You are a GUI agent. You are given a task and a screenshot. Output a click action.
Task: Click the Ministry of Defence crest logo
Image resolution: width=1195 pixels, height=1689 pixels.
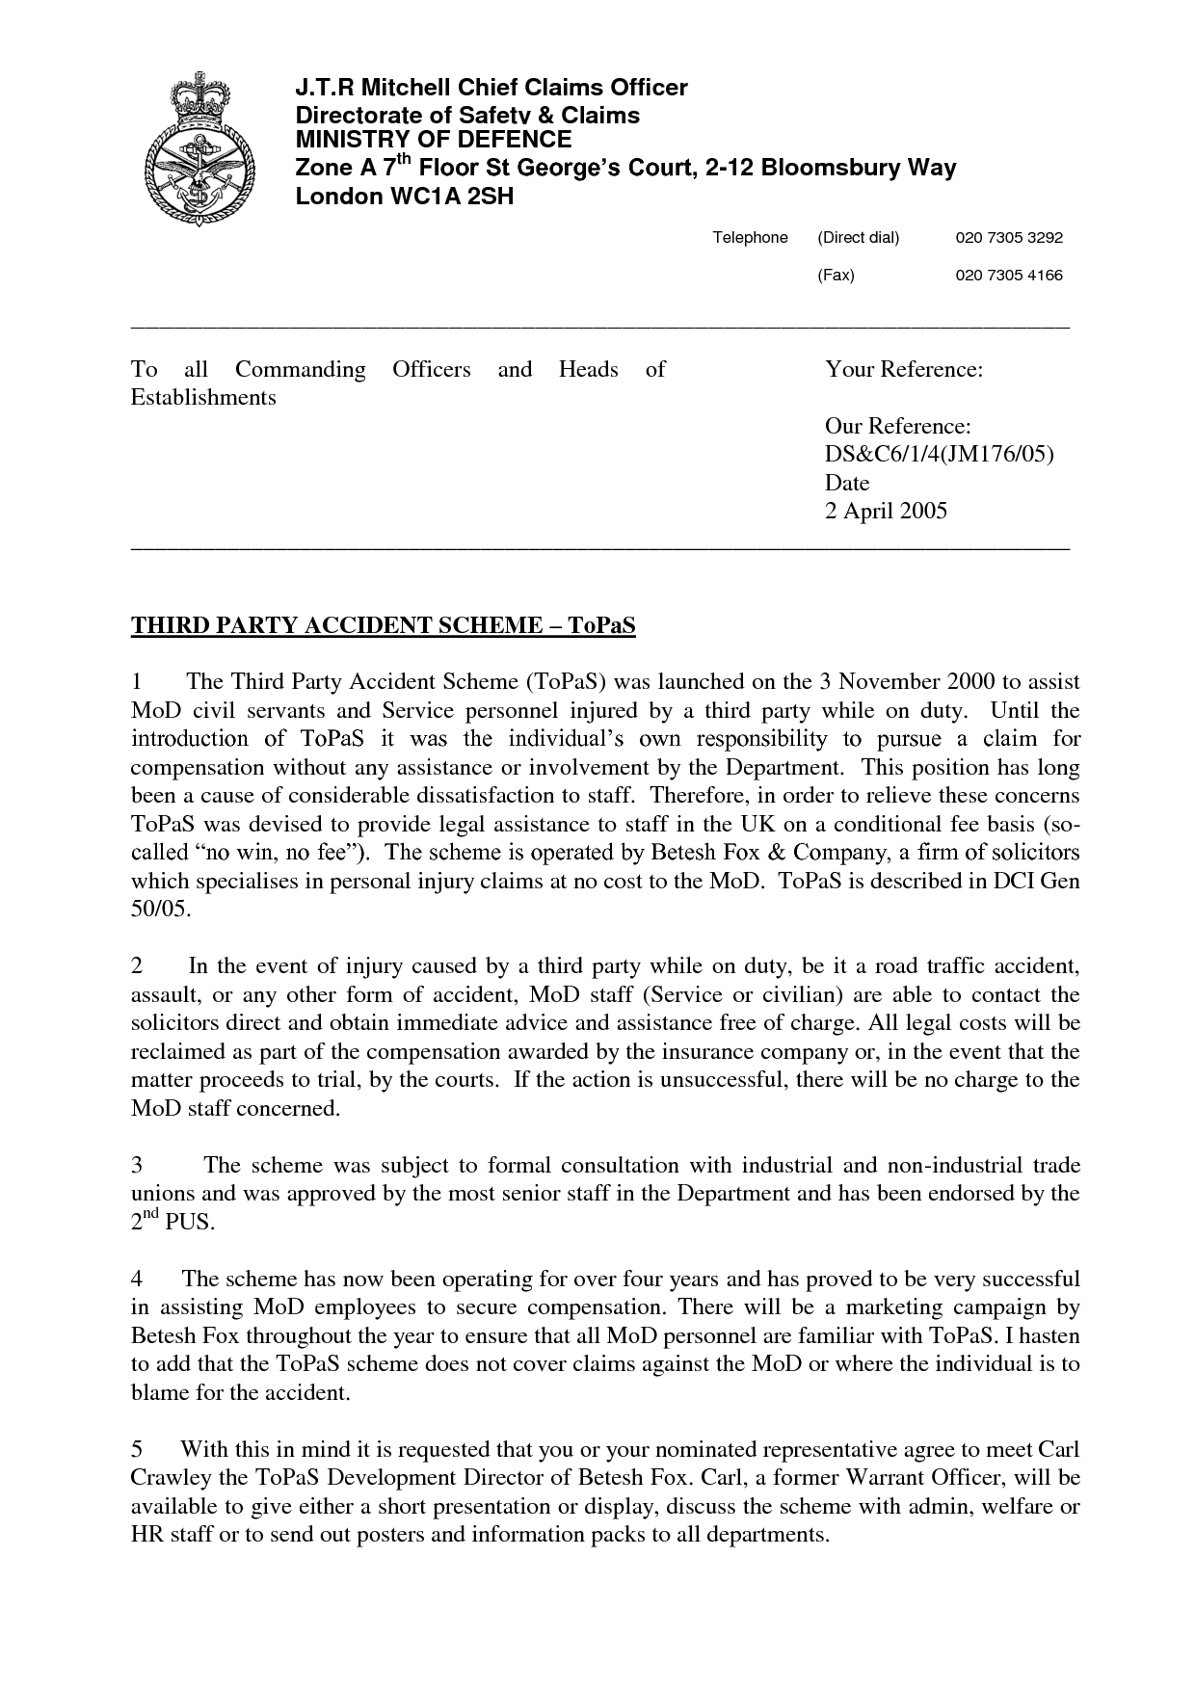pyautogui.click(x=200, y=148)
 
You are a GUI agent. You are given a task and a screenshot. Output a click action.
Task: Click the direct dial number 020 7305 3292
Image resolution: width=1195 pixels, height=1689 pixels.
pyautogui.click(x=1008, y=238)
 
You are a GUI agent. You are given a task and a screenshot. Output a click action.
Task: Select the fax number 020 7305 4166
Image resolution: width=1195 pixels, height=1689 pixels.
pyautogui.click(x=1008, y=276)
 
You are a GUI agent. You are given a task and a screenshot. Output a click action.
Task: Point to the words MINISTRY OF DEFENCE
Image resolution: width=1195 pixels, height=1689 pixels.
pyautogui.click(x=433, y=141)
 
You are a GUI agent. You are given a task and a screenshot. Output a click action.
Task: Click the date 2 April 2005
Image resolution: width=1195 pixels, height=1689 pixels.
pyautogui.click(x=886, y=511)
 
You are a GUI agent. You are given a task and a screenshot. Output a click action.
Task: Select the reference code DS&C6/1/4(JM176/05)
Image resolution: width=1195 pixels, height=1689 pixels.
pyautogui.click(x=940, y=454)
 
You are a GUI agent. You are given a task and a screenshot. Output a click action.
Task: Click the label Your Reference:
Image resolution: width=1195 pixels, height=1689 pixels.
pyautogui.click(x=903, y=369)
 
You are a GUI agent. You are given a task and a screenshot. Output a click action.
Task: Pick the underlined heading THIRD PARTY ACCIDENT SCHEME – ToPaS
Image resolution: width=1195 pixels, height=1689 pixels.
pyautogui.click(x=383, y=626)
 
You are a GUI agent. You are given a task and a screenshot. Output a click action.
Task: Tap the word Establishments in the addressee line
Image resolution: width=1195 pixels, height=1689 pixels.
pyautogui.click(x=202, y=397)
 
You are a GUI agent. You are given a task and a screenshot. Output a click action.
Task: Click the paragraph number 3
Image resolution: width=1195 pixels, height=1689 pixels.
pyautogui.click(x=137, y=1166)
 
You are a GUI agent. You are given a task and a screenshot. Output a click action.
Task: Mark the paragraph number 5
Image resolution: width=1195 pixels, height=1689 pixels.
pyautogui.click(x=137, y=1449)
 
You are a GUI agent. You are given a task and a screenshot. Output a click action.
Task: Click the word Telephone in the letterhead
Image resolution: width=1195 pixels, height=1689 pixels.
pyautogui.click(x=750, y=238)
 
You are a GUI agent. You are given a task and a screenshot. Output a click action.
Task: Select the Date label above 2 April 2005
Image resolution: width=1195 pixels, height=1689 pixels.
pyautogui.click(x=847, y=483)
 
